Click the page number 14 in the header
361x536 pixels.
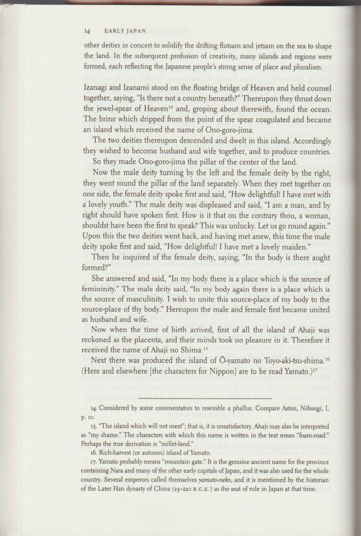click(x=88, y=31)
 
